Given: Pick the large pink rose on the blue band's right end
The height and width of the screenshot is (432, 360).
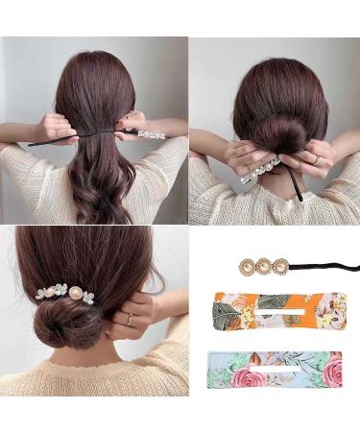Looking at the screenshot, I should pos(327,372).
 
